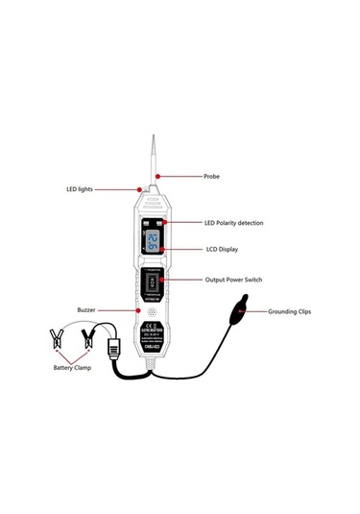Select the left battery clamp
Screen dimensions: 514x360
55,338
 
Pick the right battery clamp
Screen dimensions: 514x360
91,337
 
